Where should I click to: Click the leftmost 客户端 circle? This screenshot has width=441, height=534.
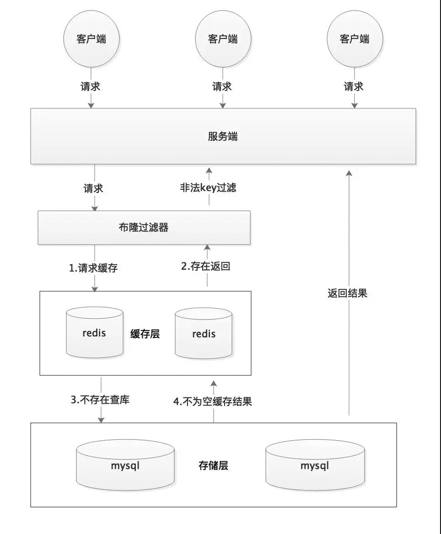(91, 39)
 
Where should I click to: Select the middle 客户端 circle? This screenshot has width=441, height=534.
(223, 39)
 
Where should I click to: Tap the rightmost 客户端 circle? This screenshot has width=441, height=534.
(355, 39)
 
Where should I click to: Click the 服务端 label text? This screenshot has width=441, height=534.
(223, 137)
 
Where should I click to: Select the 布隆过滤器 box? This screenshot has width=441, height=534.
(144, 227)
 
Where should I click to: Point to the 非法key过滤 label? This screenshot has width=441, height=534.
(208, 187)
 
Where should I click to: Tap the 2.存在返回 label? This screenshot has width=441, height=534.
(205, 267)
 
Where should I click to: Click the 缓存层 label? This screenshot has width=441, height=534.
(145, 334)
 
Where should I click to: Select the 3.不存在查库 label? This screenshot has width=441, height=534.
(100, 400)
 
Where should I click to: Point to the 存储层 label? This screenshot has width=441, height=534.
(213, 466)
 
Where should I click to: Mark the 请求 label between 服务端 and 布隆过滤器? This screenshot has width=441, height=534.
(93, 188)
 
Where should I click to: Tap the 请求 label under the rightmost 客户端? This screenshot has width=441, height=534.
(354, 86)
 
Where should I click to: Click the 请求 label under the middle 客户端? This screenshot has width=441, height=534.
(222, 86)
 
